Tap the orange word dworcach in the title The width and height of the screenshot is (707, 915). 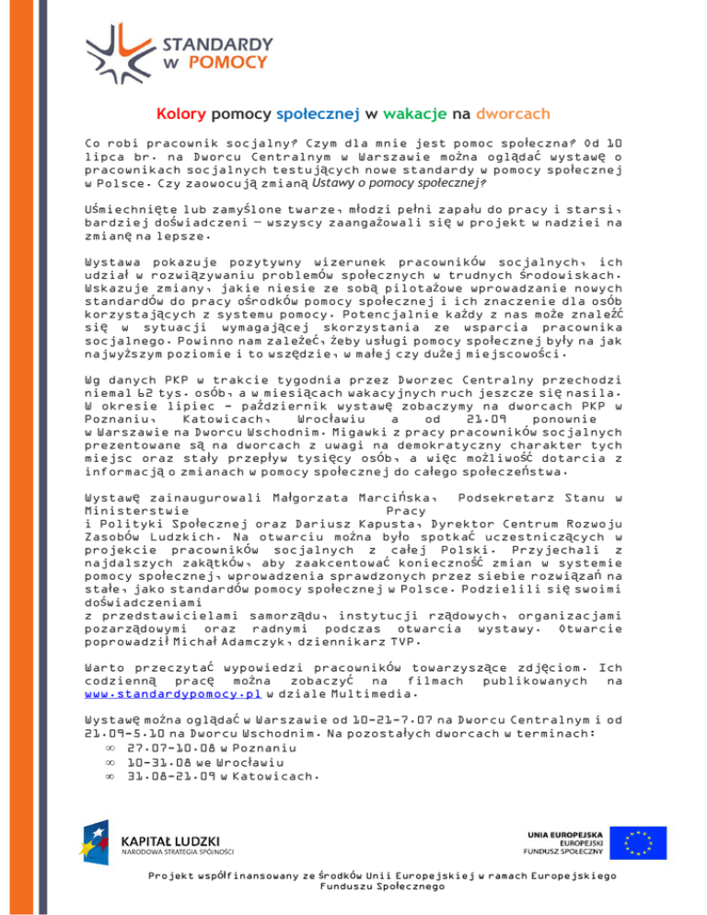tap(514, 115)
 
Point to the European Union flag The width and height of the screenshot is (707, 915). tap(643, 840)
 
